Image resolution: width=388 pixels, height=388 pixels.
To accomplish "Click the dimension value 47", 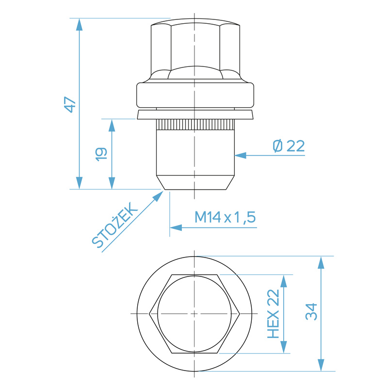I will pos(71,104).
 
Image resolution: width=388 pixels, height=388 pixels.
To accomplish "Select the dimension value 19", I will pos(101,154).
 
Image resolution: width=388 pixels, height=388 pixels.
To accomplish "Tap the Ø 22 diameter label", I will pos(289,146).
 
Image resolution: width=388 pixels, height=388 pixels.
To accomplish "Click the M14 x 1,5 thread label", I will pos(225,217).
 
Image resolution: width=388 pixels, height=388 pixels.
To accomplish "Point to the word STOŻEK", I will pos(115,226).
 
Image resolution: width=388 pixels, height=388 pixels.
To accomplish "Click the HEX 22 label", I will pos(274,314).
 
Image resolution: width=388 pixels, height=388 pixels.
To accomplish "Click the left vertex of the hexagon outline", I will pos(150,314).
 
